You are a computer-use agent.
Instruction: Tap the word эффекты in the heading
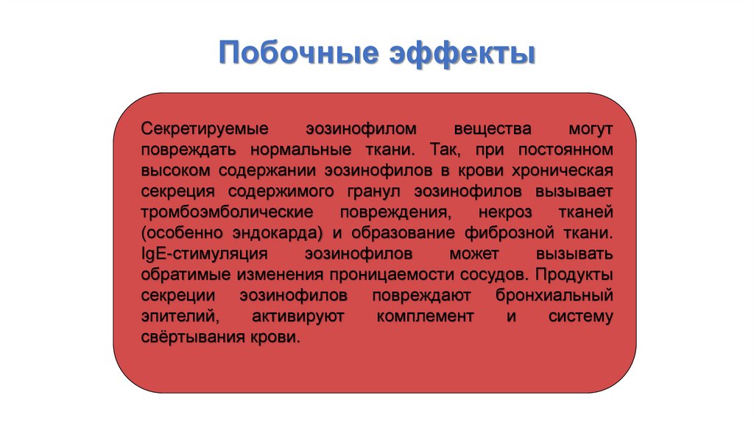pyautogui.click(x=462, y=52)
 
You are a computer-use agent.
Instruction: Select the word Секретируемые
pyautogui.click(x=205, y=129)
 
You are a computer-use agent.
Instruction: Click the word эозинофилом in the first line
pyautogui.click(x=361, y=129)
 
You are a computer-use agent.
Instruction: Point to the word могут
pyautogui.click(x=591, y=130)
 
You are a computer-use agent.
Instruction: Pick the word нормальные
pyautogui.click(x=301, y=150)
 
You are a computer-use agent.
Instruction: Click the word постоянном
pyautogui.click(x=565, y=150)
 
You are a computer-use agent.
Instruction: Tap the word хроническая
pyautogui.click(x=563, y=171)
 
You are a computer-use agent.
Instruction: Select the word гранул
pyautogui.click(x=374, y=192)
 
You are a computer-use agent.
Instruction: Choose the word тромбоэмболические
pyautogui.click(x=227, y=212)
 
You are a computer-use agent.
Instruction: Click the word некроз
pyautogui.click(x=505, y=212)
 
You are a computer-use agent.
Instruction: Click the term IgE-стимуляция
pyautogui.click(x=205, y=254)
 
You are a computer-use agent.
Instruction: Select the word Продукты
pyautogui.click(x=574, y=275)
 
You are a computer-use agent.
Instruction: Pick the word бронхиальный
pyautogui.click(x=554, y=296)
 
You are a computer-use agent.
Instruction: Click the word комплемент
pyautogui.click(x=425, y=316)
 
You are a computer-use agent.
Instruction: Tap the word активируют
pyautogui.click(x=298, y=316)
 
